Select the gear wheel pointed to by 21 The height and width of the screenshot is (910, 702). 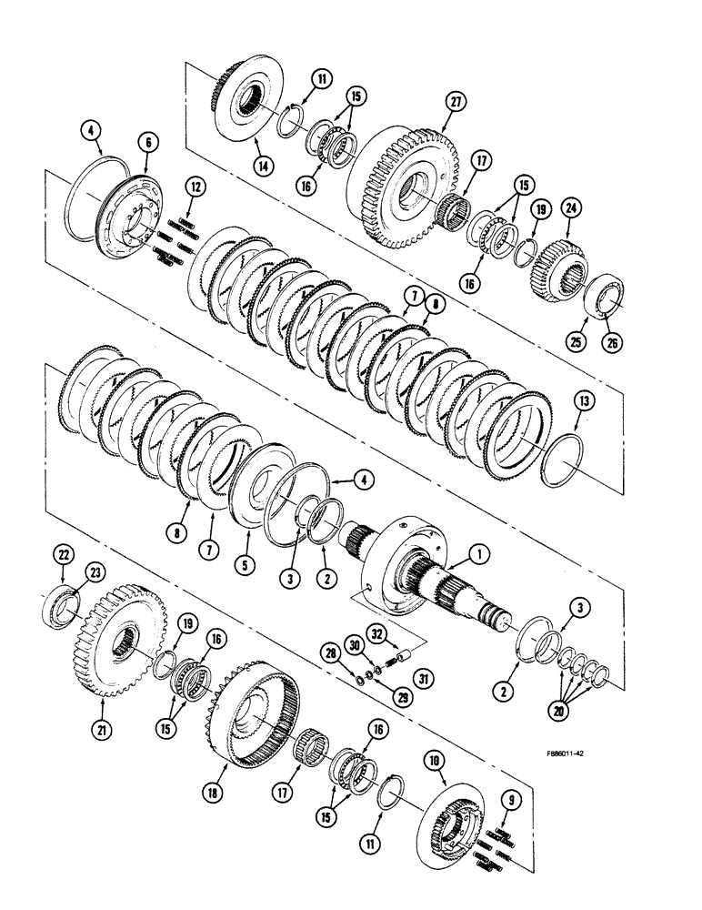click(118, 646)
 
